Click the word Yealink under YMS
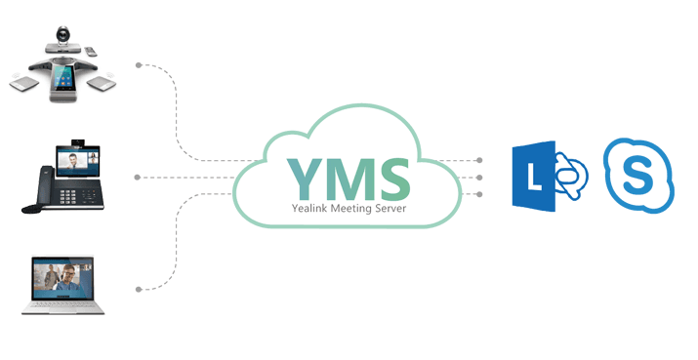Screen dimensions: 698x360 click(309, 208)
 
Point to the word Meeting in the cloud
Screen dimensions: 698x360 click(349, 208)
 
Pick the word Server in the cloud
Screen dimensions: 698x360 click(390, 208)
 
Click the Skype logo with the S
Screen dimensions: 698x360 click(638, 176)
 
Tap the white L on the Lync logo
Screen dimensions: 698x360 click(533, 177)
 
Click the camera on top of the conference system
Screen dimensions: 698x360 click(62, 35)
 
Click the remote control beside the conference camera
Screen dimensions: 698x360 click(90, 51)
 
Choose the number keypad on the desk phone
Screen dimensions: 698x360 click(68, 196)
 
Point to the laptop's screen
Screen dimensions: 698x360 click(62, 277)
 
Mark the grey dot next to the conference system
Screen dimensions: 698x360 click(139, 65)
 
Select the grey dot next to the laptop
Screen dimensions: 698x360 click(139, 289)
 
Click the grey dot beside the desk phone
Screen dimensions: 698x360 click(138, 178)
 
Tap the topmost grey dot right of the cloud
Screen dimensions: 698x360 click(479, 160)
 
